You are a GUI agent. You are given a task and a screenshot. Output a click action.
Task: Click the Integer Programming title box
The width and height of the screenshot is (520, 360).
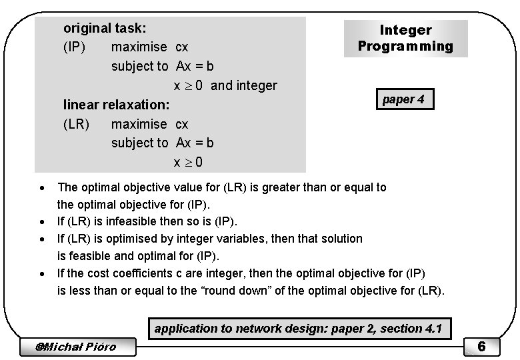coord(405,39)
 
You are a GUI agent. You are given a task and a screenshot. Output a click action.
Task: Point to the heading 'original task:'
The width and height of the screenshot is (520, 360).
coord(105,29)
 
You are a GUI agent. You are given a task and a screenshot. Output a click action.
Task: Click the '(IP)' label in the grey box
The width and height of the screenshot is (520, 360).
coord(75,48)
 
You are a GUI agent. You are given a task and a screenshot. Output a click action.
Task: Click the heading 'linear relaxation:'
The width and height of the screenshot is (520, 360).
coord(116,105)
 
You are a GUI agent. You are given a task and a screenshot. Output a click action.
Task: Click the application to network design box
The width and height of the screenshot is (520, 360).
coord(298,328)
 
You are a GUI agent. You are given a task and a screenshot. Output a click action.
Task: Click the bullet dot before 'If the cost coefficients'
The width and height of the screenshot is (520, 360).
coord(43,273)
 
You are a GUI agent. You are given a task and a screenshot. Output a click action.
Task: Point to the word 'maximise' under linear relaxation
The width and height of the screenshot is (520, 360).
coord(139,124)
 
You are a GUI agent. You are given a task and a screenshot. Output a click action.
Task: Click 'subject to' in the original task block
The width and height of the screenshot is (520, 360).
coord(139,67)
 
